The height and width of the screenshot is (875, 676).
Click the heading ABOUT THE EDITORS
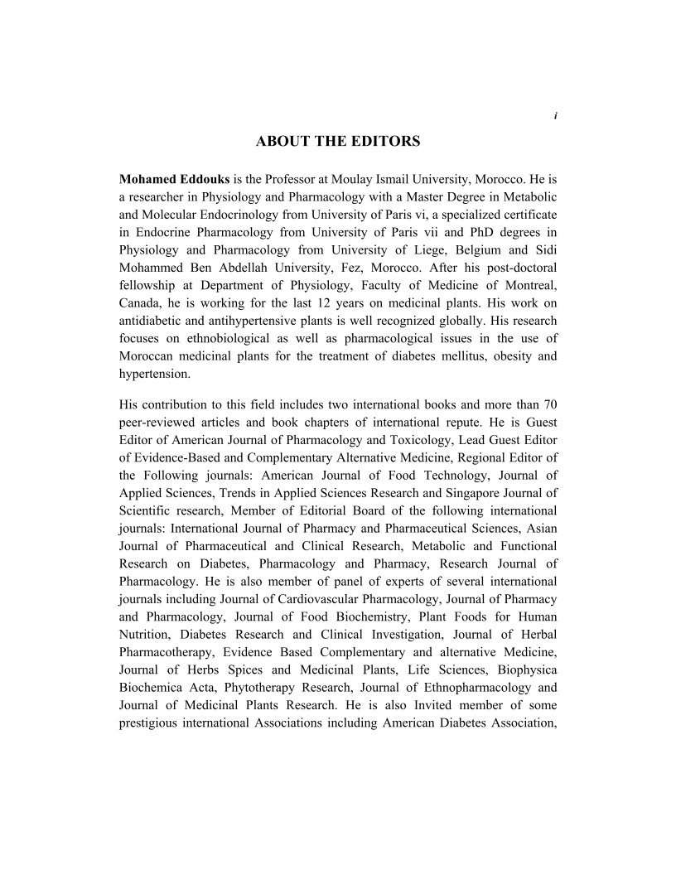338,142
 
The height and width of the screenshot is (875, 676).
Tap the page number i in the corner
554,115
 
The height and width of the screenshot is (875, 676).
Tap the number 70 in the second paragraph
549,405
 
